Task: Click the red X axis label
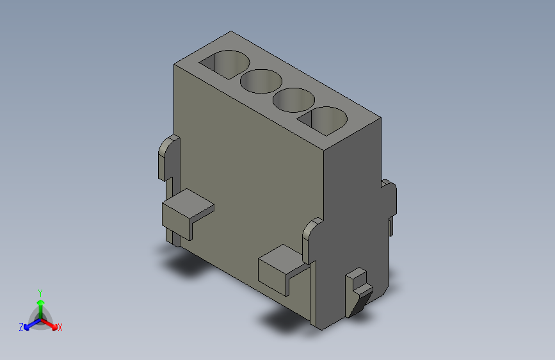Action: [60, 328]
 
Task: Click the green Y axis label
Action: [40, 291]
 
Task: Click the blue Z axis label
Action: [21, 327]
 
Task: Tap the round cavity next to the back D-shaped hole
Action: [261, 81]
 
